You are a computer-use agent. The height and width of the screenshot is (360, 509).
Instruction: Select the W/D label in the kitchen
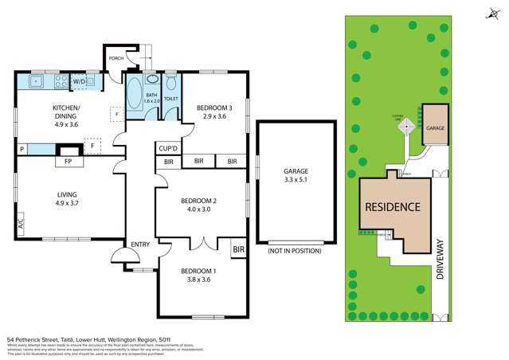pos(80,81)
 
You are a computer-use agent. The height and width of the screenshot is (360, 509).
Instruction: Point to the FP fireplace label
pos(68,161)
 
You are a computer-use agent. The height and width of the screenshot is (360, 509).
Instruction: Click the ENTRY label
pos(142,244)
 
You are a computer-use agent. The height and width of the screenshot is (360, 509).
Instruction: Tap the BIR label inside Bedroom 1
pos(238,250)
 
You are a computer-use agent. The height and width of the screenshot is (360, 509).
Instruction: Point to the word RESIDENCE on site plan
pos(393,207)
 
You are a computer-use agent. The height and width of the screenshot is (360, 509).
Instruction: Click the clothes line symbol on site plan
pos(408,125)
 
